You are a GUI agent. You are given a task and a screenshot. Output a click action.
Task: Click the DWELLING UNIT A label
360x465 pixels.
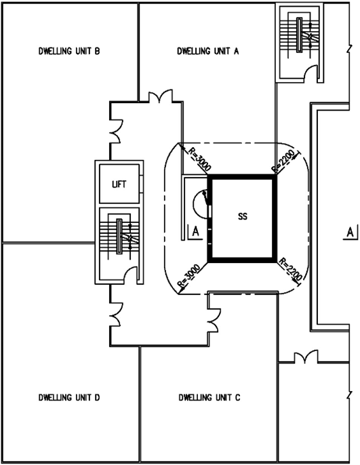[208, 51]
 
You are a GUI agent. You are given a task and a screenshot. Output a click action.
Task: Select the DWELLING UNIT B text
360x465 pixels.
[69, 51]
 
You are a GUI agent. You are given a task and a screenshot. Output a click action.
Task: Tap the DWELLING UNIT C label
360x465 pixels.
[209, 397]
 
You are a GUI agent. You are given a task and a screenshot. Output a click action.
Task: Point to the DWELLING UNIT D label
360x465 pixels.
[69, 397]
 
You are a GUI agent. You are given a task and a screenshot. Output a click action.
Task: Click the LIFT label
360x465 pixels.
[119, 184]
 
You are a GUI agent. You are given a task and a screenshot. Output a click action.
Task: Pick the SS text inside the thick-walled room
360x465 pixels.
[243, 216]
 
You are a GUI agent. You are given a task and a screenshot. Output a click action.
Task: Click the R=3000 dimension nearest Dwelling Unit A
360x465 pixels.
[199, 159]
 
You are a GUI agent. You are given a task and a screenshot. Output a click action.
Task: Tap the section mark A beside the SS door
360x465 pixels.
[195, 232]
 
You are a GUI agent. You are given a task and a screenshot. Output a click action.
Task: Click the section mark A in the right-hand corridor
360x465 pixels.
[351, 232]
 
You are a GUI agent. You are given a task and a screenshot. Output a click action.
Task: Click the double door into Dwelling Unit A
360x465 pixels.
[161, 96]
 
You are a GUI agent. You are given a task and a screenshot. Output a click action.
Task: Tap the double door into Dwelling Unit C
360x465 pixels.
[214, 320]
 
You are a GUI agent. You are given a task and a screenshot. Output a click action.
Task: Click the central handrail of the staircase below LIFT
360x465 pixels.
[119, 237]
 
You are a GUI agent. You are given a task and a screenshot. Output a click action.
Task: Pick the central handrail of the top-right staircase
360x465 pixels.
[300, 35]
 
